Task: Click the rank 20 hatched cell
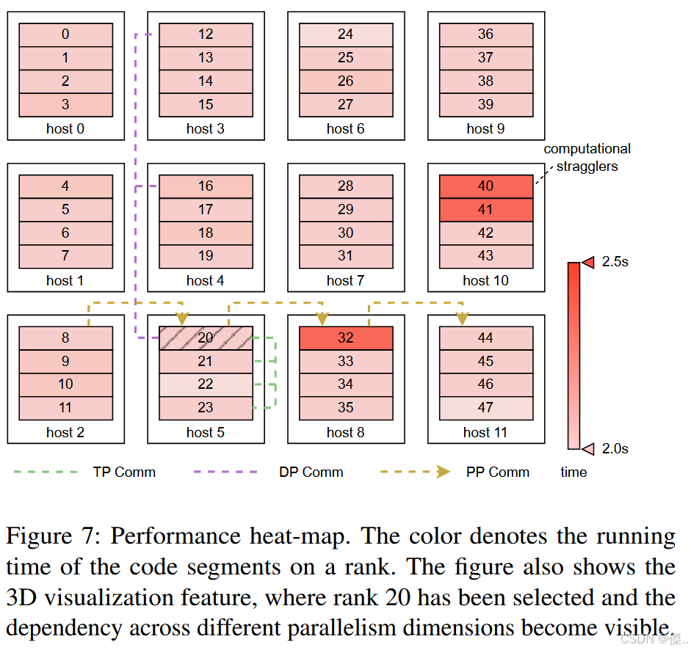click(x=206, y=337)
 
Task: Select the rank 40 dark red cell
click(x=485, y=186)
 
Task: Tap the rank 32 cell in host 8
click(x=346, y=337)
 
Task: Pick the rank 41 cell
click(x=485, y=210)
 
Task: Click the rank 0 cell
click(x=65, y=34)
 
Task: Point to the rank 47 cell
click(x=485, y=408)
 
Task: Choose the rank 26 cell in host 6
click(x=346, y=81)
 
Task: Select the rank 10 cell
click(x=65, y=384)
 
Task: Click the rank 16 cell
click(x=206, y=186)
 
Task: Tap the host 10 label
click(x=485, y=280)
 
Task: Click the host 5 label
click(x=206, y=432)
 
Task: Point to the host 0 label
click(x=65, y=128)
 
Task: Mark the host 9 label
click(x=485, y=128)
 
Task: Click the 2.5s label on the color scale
click(x=615, y=262)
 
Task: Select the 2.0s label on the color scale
click(x=615, y=448)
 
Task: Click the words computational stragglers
click(x=587, y=158)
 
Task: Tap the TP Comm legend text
click(x=124, y=472)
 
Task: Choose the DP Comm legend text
click(x=311, y=472)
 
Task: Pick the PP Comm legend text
click(x=497, y=472)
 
